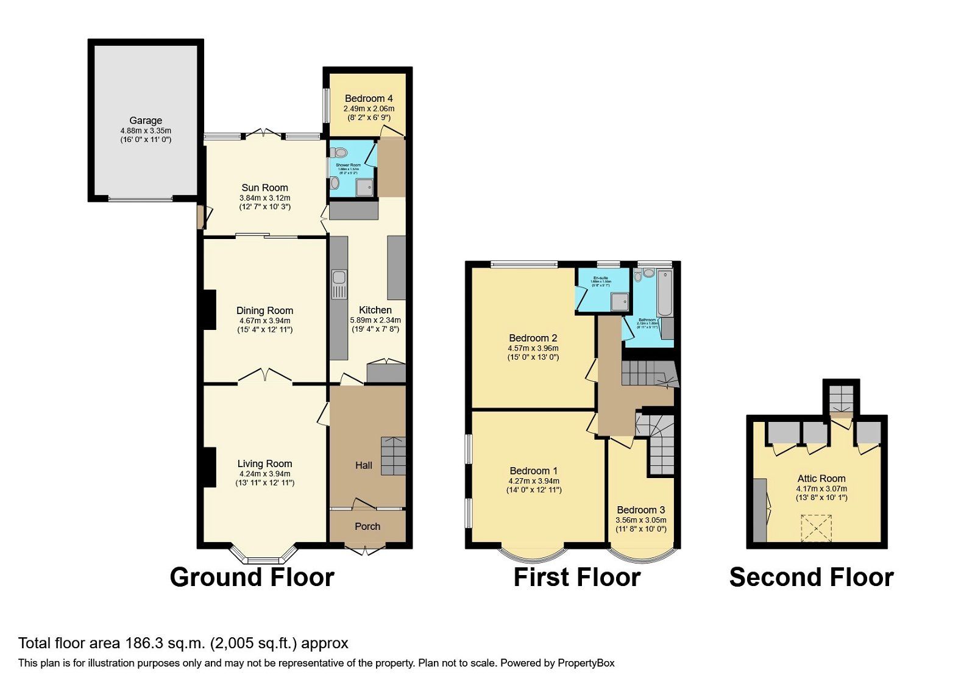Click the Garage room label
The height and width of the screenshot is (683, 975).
tap(145, 121)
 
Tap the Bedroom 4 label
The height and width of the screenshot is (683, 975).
tap(369, 98)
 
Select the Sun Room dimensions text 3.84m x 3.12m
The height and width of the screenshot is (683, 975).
tap(264, 198)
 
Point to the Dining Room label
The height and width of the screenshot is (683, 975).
tap(264, 310)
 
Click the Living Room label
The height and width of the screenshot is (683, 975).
tap(264, 463)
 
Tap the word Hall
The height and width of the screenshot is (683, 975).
tap(364, 465)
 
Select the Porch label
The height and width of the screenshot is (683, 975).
tap(367, 526)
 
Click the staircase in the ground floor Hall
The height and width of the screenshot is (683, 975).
tap(393, 456)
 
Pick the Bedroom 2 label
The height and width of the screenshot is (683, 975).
tap(533, 338)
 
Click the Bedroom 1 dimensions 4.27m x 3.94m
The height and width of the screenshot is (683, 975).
tap(534, 481)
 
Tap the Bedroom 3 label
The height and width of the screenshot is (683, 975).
tap(640, 510)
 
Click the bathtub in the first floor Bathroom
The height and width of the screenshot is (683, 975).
tap(664, 292)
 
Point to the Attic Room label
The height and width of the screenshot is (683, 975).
tap(821, 479)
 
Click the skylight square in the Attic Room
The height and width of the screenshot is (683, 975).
tap(816, 528)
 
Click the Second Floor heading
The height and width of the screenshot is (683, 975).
tap(811, 577)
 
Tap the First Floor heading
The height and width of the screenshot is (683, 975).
tap(576, 577)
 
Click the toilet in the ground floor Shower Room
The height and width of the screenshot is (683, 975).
tap(339, 152)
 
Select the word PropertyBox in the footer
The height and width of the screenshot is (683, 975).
tap(586, 663)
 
